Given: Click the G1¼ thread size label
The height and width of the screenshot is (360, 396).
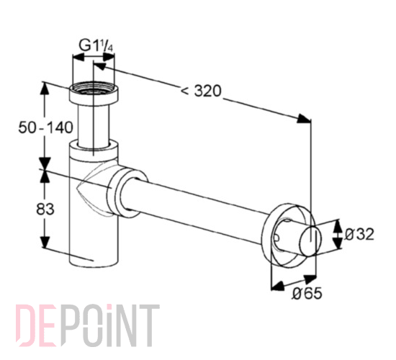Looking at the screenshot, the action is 96,45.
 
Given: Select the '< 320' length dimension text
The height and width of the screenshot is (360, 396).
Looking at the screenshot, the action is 201,91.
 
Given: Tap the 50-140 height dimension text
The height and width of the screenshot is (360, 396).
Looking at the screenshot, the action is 45,127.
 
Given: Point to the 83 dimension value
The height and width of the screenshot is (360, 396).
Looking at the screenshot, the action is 45,210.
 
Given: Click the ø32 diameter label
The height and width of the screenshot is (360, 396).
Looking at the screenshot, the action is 359,234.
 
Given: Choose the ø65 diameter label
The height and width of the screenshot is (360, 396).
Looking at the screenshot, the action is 307,293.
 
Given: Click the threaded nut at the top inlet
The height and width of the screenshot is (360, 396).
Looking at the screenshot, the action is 94,92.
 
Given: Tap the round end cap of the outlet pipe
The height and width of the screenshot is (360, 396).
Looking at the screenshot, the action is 310,241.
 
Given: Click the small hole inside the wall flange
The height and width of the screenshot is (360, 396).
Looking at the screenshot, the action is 277,238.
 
